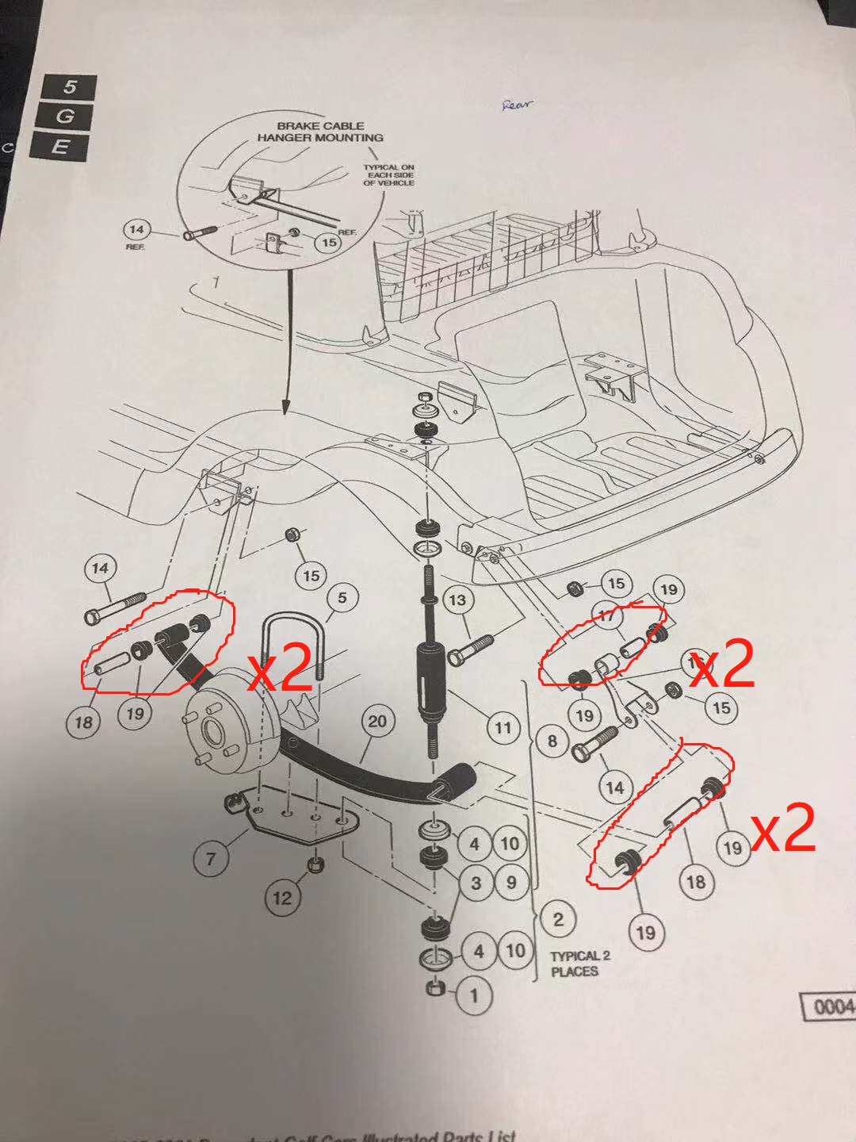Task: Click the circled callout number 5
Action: [x=342, y=597]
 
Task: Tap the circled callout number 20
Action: [x=377, y=721]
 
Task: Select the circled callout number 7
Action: [x=210, y=858]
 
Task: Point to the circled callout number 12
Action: [x=282, y=898]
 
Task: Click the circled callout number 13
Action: [x=457, y=600]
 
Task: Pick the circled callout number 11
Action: [x=503, y=727]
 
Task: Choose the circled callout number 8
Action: [x=552, y=742]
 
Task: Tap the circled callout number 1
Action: [x=474, y=994]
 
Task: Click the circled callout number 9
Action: [x=510, y=882]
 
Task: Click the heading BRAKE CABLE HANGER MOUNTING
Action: [x=320, y=132]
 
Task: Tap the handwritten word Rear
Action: [x=518, y=104]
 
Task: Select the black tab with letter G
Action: [x=64, y=117]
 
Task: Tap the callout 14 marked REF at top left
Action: [x=136, y=231]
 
